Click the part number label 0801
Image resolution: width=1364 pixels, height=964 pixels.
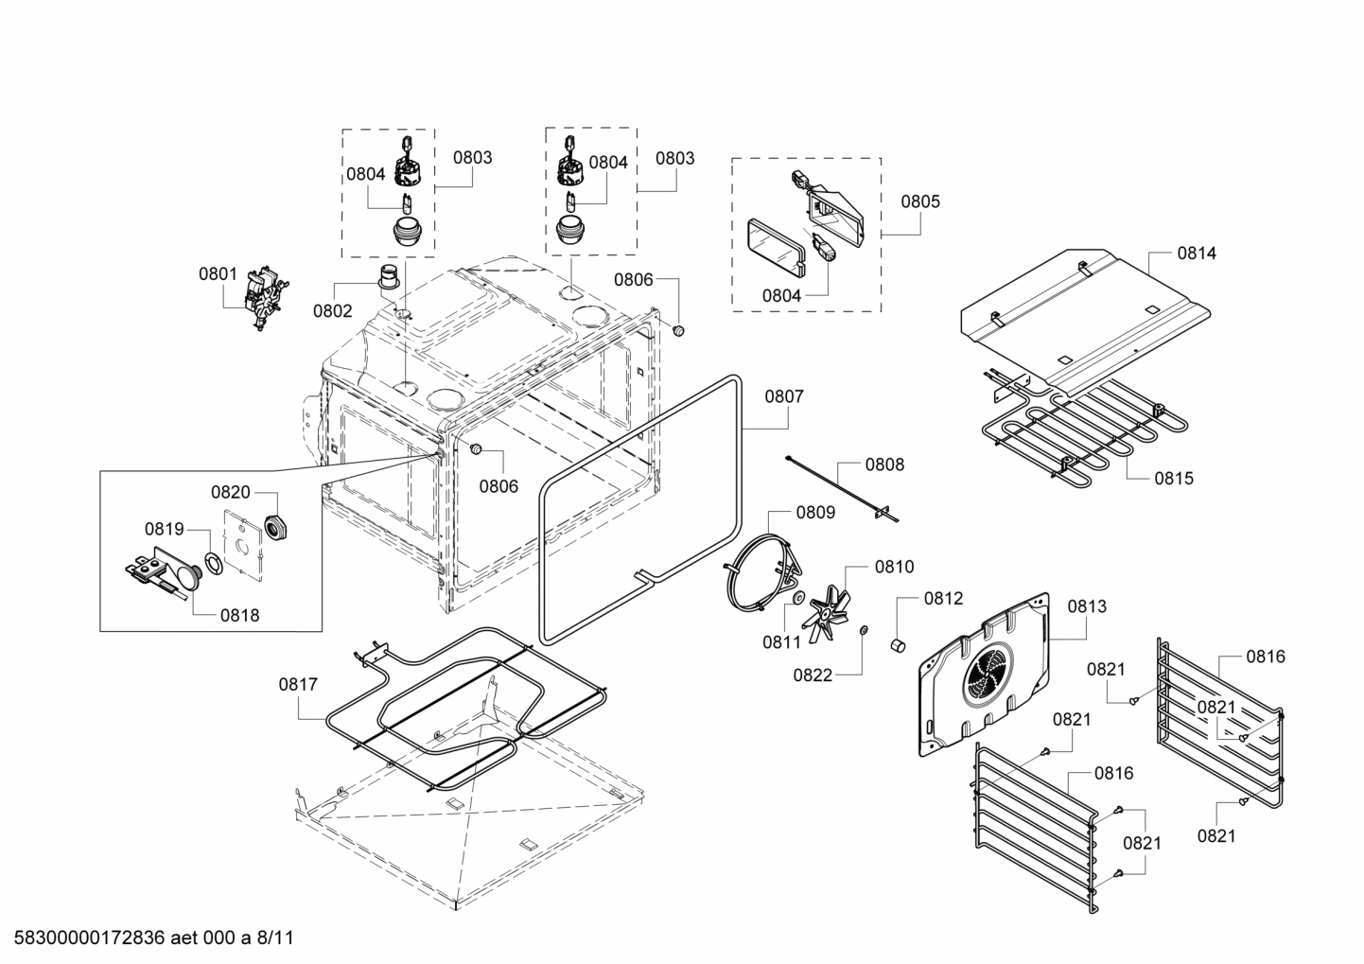click(x=218, y=274)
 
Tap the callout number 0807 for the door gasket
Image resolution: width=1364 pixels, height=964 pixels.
click(x=784, y=396)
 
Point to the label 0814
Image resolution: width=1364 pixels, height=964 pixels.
click(x=1197, y=254)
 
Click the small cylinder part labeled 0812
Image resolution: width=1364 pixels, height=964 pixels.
click(x=897, y=645)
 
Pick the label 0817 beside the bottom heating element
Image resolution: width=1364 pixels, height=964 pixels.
click(x=298, y=684)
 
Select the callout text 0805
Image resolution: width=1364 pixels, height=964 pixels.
click(x=919, y=202)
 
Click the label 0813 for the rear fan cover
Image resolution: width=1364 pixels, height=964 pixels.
click(x=1087, y=606)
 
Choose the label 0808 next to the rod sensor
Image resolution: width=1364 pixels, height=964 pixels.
click(x=884, y=464)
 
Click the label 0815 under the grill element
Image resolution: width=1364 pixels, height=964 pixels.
click(x=1173, y=479)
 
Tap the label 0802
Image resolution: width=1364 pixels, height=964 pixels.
click(x=332, y=311)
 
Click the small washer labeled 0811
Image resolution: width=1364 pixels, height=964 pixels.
click(x=798, y=598)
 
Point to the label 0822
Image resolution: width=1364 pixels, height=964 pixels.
click(x=813, y=675)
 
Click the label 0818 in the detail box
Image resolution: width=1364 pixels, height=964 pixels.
click(x=239, y=615)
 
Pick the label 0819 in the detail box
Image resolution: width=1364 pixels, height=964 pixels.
click(x=164, y=529)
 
